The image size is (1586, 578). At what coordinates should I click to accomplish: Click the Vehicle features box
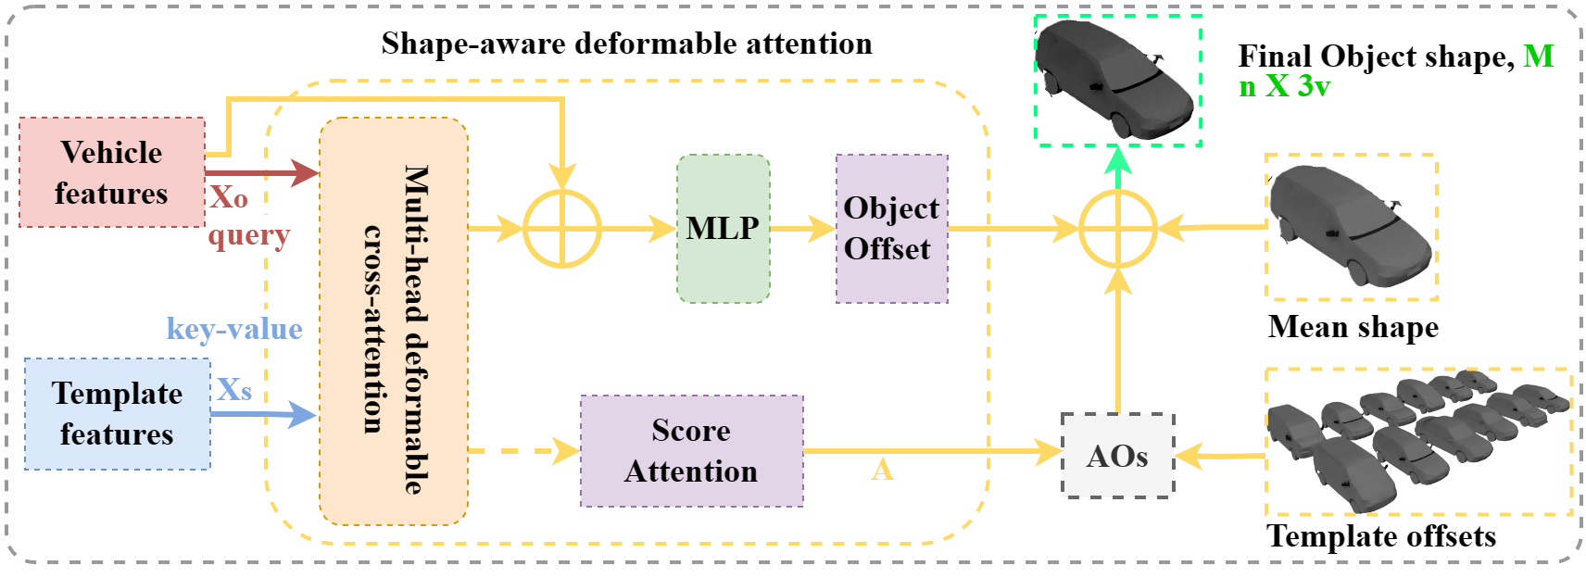click(x=111, y=172)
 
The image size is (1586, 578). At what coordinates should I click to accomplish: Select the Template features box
click(x=117, y=413)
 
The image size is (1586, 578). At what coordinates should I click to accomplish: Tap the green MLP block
click(x=723, y=228)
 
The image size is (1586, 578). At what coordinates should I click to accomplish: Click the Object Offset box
click(x=891, y=228)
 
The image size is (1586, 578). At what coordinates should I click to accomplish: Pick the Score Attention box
click(x=691, y=451)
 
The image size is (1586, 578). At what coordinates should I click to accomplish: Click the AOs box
click(x=1117, y=456)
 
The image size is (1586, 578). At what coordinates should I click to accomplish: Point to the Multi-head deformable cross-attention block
click(x=393, y=320)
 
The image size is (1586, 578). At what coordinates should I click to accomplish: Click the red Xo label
click(x=228, y=197)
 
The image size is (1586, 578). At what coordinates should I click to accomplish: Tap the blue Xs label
click(x=233, y=389)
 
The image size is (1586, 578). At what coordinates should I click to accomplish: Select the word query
click(x=248, y=235)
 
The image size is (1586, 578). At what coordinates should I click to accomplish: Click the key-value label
click(x=234, y=329)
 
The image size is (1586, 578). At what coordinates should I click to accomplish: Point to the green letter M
click(x=1538, y=57)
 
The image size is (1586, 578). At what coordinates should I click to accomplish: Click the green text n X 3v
click(x=1284, y=87)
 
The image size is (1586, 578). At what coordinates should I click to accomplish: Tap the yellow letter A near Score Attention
click(x=882, y=471)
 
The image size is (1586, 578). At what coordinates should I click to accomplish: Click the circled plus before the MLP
click(x=562, y=229)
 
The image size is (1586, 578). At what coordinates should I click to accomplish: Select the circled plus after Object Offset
click(x=1118, y=229)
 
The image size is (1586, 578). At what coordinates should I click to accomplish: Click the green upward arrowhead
click(x=1118, y=161)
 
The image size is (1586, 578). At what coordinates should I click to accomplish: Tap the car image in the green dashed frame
click(x=1117, y=80)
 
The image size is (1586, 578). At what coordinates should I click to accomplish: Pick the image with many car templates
click(x=1417, y=441)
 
